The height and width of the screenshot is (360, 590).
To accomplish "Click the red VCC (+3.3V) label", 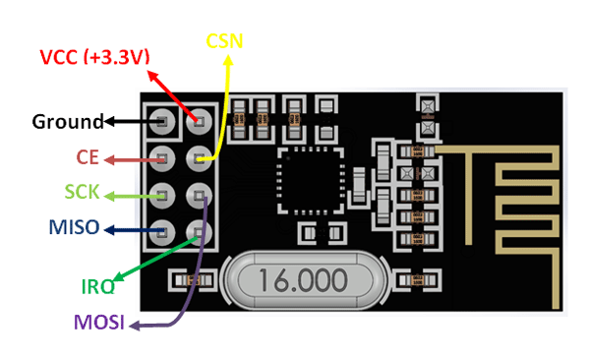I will point(93,56).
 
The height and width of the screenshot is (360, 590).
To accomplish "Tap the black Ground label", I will point(67,122).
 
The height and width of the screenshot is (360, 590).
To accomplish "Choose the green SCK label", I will point(85,192).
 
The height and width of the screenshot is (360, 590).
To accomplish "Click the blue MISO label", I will point(74,228).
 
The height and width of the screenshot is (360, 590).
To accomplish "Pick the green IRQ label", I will point(97,287).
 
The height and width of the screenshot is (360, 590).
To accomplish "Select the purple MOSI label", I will point(97,324).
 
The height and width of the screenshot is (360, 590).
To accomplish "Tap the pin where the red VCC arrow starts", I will point(200,121).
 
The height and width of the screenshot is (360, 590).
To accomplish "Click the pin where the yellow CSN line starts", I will point(200,157).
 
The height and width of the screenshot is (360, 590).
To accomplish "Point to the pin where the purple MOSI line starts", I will point(200,194).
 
